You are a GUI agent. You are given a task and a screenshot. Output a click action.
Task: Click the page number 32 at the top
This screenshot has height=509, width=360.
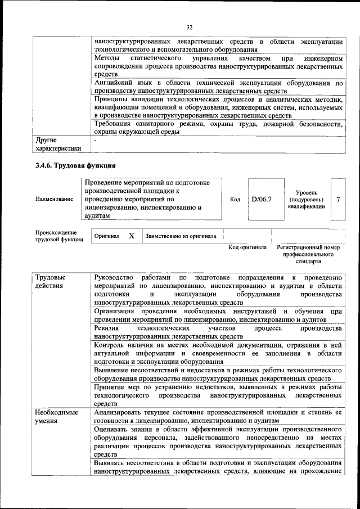189,26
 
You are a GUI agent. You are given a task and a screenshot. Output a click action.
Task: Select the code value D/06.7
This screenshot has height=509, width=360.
261,199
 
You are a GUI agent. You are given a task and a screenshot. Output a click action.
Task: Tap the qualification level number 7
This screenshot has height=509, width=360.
337,199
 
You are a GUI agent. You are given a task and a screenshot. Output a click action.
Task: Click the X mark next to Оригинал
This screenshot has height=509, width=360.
131,236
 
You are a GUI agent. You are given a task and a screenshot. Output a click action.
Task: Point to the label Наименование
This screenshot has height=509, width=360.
54,199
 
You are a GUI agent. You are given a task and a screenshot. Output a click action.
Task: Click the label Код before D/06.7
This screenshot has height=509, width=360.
235,199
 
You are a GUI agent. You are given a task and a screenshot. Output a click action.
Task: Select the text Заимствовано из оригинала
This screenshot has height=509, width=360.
181,236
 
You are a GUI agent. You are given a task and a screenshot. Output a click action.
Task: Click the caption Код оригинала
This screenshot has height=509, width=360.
247,247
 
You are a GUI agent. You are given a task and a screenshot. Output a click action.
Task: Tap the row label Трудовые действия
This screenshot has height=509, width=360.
51,282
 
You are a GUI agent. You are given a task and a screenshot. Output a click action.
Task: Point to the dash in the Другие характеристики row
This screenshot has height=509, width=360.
96,140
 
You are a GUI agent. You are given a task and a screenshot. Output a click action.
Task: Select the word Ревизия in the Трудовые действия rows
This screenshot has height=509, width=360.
107,327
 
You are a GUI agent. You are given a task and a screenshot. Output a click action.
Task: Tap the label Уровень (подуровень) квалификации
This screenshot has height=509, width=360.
306,199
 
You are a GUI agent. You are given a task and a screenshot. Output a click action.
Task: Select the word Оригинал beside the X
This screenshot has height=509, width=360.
107,236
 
